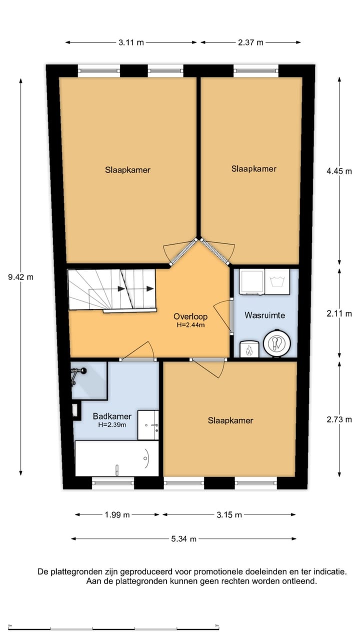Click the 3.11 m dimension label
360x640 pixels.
tap(131, 42)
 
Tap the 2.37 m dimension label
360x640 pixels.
tap(250, 42)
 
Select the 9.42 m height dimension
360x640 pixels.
tap(20, 277)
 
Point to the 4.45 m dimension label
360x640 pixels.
tap(339, 171)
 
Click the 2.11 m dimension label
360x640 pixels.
tap(339, 314)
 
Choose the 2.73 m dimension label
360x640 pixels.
tap(339, 419)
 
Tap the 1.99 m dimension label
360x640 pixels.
tap(117, 514)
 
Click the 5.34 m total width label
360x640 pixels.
tap(183, 538)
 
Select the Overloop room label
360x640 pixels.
tap(190, 316)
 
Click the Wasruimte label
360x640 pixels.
tap(264, 315)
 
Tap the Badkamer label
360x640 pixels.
tap(112, 416)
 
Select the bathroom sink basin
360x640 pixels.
tap(148, 425)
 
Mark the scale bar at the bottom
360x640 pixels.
tap(113, 628)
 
